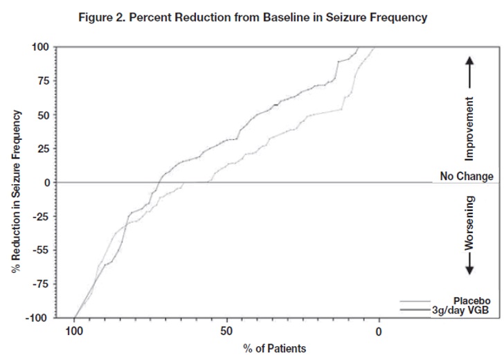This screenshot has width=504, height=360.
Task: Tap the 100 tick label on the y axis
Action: (x=40, y=47)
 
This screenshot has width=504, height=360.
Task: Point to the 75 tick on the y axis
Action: (x=42, y=81)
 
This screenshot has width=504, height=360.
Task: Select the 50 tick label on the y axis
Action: (x=42, y=115)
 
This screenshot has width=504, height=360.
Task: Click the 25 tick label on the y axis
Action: (x=42, y=149)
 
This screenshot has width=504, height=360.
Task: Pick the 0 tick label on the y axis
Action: (x=45, y=183)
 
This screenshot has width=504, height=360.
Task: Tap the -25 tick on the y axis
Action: (x=41, y=217)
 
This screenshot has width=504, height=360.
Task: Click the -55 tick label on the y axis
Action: (x=41, y=251)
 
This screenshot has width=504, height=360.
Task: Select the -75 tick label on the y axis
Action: (x=41, y=285)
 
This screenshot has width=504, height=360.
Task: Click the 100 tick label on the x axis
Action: (x=73, y=331)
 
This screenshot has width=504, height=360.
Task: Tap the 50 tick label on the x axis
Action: (x=226, y=331)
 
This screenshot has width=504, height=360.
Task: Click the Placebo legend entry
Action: (x=471, y=300)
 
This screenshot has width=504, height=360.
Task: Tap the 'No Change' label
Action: (x=466, y=177)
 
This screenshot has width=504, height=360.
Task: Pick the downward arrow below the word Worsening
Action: (x=470, y=264)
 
